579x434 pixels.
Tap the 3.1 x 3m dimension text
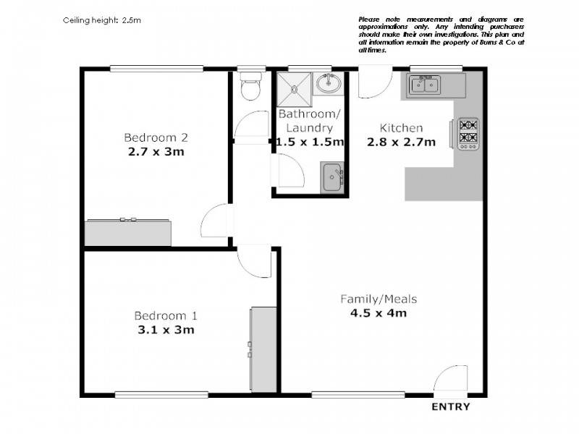pyautogui.click(x=164, y=330)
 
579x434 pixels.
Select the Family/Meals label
pyautogui.click(x=379, y=299)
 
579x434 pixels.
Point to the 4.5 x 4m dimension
pyautogui.click(x=379, y=313)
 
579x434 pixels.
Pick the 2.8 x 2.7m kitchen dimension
pyautogui.click(x=401, y=142)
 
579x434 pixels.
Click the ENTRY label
pyautogui.click(x=450, y=407)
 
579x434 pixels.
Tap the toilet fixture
pyautogui.click(x=250, y=88)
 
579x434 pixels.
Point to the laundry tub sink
pyautogui.click(x=332, y=177)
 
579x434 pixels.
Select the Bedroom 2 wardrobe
pyautogui.click(x=129, y=232)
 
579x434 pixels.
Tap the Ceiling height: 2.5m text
pyautogui.click(x=102, y=20)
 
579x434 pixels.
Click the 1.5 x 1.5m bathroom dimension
pyautogui.click(x=310, y=142)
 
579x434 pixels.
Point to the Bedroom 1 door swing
pyautogui.click(x=255, y=261)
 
